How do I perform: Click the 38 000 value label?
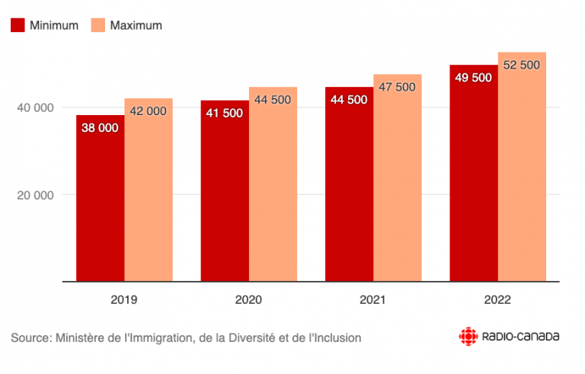coord(100,128)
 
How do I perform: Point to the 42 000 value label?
coord(149,111)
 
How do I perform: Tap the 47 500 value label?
coord(397,87)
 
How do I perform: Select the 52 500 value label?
coord(522,65)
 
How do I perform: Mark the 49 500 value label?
coord(473,78)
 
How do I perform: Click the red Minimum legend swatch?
coord(17,25)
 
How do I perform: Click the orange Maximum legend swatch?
coord(97,25)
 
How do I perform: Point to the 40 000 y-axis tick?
coord(35,107)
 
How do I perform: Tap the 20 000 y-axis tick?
coord(35,194)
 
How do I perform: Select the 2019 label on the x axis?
coord(124,300)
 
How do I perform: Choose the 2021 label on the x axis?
coord(372,300)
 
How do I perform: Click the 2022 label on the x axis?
coord(497,300)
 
